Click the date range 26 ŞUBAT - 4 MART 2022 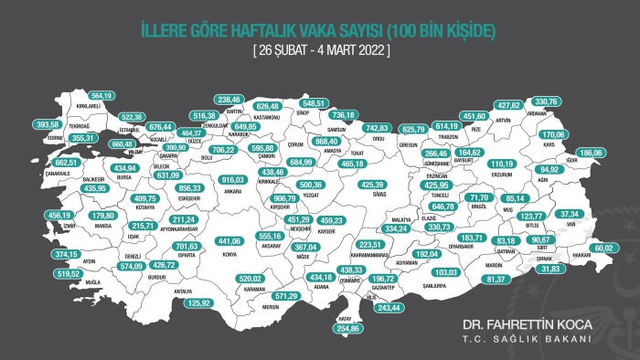[320, 52]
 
